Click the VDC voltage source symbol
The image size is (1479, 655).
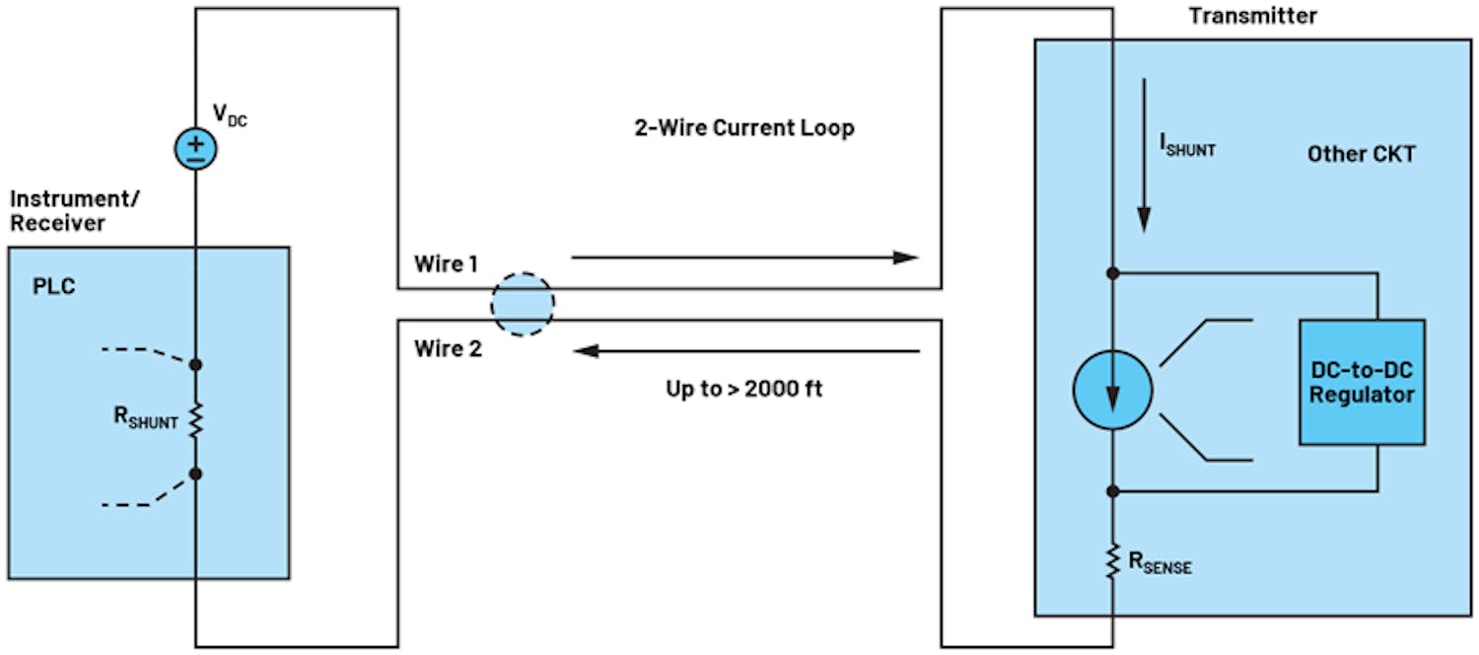(x=196, y=148)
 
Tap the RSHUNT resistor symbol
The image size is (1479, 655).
(x=196, y=419)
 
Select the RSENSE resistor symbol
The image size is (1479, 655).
(x=1112, y=560)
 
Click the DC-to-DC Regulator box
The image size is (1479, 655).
(x=1362, y=382)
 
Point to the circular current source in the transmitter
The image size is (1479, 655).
(x=1112, y=391)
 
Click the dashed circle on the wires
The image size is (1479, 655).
(x=523, y=304)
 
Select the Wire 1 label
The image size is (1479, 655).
(x=447, y=264)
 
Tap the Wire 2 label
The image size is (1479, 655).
(x=448, y=348)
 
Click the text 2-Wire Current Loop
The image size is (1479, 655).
(x=743, y=128)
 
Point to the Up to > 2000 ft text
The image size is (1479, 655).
(x=743, y=389)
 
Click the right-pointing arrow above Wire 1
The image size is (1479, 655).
(x=744, y=257)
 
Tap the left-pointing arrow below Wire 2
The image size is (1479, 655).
(x=746, y=350)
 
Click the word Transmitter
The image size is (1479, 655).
(x=1252, y=16)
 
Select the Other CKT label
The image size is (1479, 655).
(x=1361, y=155)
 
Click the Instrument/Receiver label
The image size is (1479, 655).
(x=75, y=211)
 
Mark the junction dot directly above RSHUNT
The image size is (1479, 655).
(x=196, y=365)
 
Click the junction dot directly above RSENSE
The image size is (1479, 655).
(x=1112, y=491)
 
